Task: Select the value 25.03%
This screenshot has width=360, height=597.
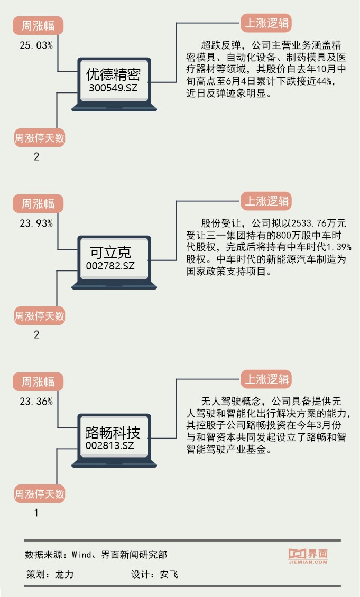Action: point(36,45)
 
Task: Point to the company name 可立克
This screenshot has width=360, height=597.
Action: point(110,253)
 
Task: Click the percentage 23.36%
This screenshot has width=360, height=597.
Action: point(36,402)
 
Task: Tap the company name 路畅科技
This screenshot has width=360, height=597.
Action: point(113,433)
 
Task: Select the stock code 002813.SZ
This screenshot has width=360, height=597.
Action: point(110,446)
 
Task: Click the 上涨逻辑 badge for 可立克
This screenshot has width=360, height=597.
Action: point(267,201)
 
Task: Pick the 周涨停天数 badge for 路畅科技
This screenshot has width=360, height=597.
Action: point(40,495)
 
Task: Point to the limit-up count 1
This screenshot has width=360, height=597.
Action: point(36,512)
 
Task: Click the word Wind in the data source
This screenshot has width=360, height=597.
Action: point(82,555)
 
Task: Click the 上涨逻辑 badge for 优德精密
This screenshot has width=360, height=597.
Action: point(267,23)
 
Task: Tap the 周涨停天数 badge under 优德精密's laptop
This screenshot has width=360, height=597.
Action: point(40,138)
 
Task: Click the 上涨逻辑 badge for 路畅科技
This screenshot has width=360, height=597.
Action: point(267,379)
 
